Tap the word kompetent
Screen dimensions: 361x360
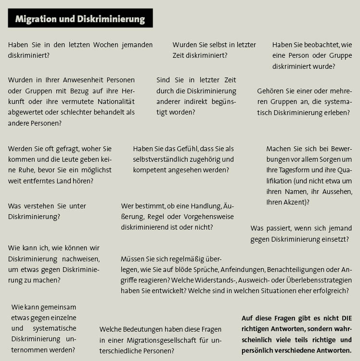click(150, 170)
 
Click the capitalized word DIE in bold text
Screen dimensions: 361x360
click(346, 318)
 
